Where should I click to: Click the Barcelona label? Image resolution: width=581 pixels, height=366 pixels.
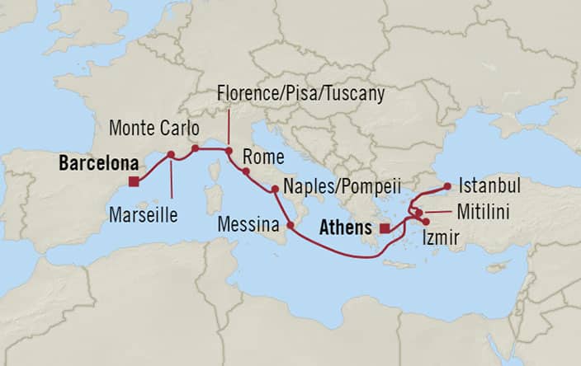point(98,163)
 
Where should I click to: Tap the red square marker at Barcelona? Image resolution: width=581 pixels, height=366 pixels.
point(134,182)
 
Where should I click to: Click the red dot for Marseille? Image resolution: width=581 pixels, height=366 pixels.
point(171,154)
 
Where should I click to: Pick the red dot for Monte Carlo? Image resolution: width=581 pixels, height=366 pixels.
point(196,149)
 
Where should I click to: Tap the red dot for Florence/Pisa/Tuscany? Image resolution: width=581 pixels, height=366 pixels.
point(229,150)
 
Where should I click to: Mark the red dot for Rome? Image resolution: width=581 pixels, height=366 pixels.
point(246,171)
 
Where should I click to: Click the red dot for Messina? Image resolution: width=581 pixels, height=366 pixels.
point(290,224)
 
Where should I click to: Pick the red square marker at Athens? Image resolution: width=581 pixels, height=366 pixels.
point(385,228)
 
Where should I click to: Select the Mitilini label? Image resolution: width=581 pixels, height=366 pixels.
point(483,213)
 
